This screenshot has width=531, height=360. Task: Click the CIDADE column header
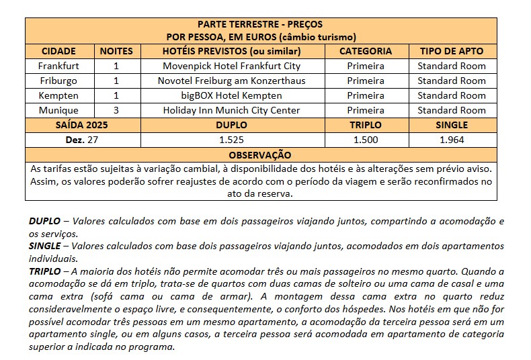click(x=58, y=51)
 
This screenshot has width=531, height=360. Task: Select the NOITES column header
click(x=116, y=51)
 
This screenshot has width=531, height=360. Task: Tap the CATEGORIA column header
click(x=365, y=51)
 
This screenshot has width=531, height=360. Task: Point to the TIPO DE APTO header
click(x=451, y=51)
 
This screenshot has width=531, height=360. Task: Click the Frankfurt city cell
click(x=58, y=66)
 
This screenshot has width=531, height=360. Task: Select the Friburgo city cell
click(x=58, y=81)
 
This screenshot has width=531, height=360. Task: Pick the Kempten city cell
click(x=58, y=95)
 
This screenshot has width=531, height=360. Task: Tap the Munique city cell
click(x=58, y=110)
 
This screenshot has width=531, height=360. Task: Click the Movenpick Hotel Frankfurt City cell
click(x=231, y=66)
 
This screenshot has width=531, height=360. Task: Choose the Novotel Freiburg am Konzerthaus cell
click(x=231, y=81)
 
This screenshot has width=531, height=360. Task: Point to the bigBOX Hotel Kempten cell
click(x=231, y=95)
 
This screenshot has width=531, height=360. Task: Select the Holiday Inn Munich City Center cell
click(x=231, y=110)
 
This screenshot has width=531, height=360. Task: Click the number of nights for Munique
click(x=116, y=110)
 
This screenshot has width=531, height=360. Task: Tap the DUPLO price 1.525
click(x=231, y=140)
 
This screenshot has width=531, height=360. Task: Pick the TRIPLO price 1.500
click(x=365, y=140)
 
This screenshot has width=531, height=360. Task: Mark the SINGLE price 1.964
click(x=451, y=140)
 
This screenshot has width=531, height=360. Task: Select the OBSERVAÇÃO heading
click(x=261, y=154)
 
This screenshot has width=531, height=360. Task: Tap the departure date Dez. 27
click(x=83, y=140)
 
